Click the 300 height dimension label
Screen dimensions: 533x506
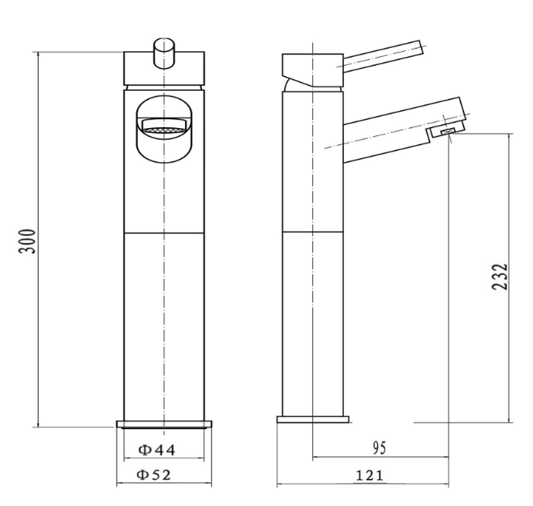28,242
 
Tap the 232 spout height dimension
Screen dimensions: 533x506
500,277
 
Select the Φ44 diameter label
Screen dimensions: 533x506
157,450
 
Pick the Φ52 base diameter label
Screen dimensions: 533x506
153,474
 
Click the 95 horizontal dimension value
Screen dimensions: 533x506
380,448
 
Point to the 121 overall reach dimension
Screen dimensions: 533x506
369,475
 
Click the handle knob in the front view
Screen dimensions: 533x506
164,54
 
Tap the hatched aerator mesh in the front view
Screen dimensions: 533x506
164,131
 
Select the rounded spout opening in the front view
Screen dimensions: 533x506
164,129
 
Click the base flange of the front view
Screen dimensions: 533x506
164,424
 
